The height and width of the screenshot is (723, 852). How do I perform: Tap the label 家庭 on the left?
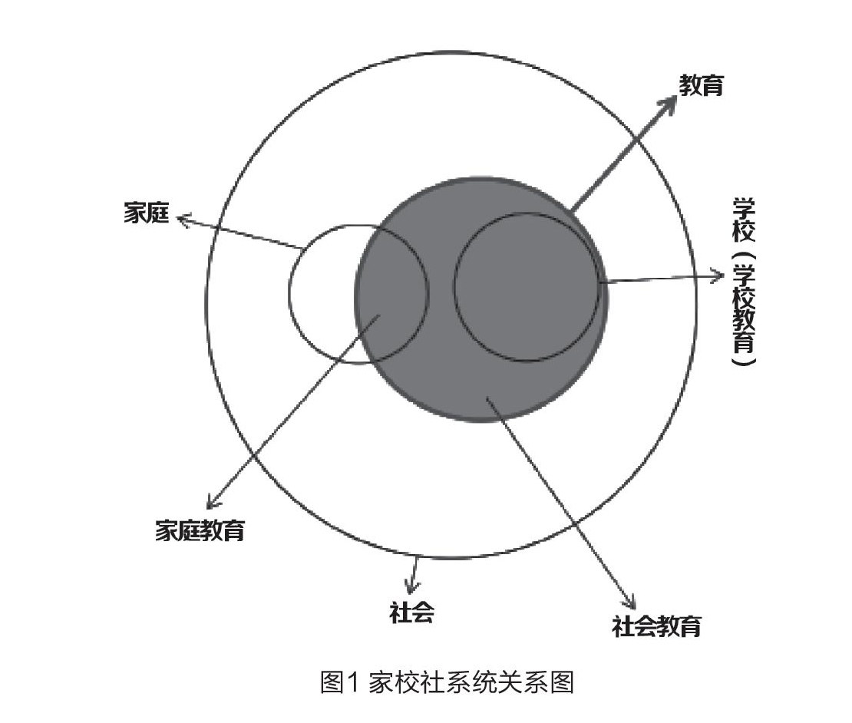tap(146, 213)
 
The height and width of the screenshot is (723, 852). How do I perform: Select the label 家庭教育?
tap(200, 530)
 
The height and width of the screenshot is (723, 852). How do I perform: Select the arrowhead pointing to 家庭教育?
tap(211, 503)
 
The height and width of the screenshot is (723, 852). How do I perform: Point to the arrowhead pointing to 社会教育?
tap(633, 605)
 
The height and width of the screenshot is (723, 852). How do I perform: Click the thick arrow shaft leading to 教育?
tap(618, 158)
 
